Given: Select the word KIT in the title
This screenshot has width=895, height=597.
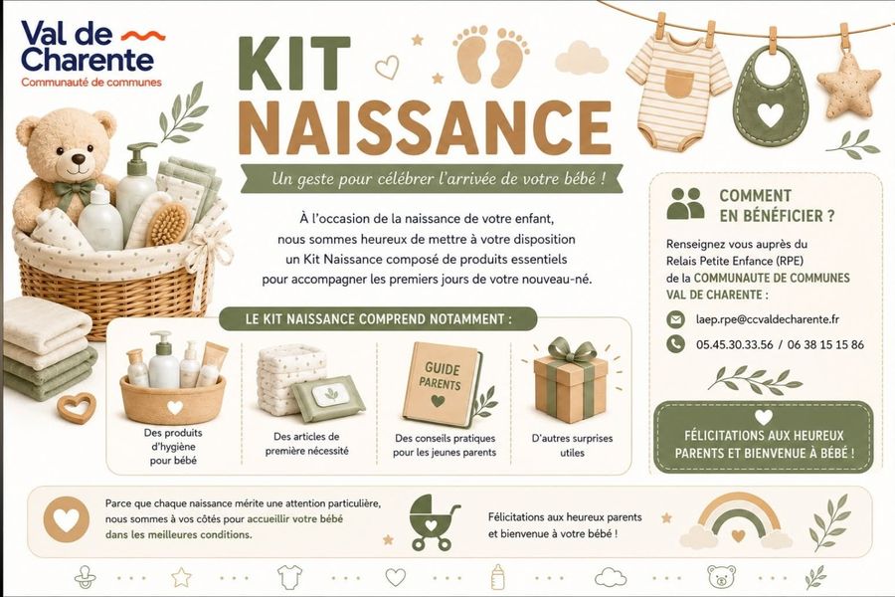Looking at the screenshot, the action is [x=294, y=64].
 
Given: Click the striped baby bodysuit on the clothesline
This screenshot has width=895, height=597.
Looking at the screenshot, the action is [x=678, y=98].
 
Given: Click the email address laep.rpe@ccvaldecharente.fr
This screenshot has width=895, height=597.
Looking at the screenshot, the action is [x=767, y=319].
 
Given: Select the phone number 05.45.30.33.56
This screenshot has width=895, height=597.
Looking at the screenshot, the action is [x=734, y=344].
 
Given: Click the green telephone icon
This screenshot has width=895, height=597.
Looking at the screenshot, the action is [x=676, y=343].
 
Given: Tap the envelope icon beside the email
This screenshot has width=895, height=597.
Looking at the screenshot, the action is [x=676, y=319].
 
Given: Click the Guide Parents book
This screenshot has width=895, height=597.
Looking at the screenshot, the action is [x=442, y=384].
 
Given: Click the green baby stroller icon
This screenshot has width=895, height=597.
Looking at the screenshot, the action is [x=435, y=522].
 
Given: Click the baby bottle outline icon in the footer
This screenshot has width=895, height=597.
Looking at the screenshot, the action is [x=498, y=576].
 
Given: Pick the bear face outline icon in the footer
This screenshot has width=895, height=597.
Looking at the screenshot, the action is [x=722, y=576].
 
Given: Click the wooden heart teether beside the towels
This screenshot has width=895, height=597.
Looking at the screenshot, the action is [x=77, y=407].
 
